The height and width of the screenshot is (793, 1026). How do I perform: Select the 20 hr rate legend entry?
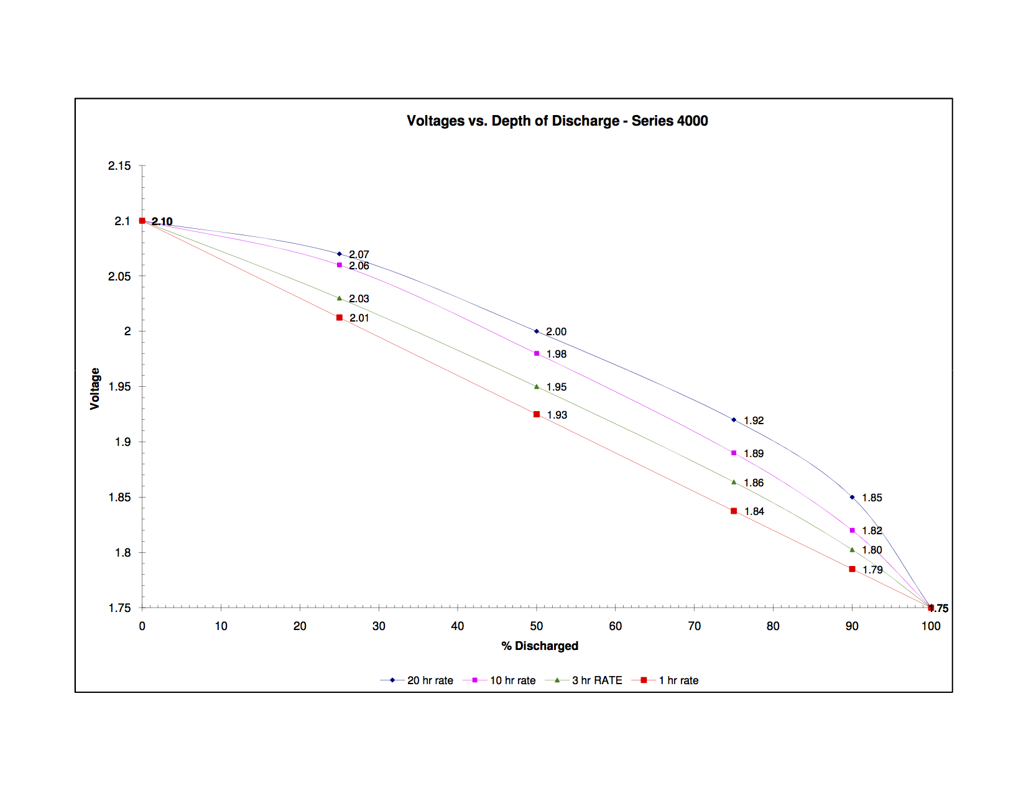[x=430, y=680]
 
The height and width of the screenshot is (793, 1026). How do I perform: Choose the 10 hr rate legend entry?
[x=512, y=680]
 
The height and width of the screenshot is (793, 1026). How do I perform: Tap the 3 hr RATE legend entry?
[x=596, y=680]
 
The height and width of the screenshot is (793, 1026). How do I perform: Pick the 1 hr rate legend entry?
[x=678, y=680]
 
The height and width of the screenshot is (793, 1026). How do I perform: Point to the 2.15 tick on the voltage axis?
[x=119, y=165]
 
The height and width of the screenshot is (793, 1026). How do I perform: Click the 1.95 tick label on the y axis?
[x=119, y=387]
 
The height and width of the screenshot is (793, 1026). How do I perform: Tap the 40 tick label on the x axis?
[x=458, y=626]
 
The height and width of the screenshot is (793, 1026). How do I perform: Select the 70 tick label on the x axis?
[x=694, y=626]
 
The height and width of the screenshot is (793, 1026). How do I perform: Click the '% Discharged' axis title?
[x=540, y=646]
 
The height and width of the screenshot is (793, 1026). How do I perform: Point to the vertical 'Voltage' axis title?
[x=95, y=389]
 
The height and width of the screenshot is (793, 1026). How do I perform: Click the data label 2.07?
[x=359, y=254]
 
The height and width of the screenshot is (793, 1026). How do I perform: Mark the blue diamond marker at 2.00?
[x=537, y=332]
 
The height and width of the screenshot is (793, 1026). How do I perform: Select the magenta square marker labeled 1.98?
[x=537, y=353]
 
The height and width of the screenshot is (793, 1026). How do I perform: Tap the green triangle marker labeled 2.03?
[x=340, y=299]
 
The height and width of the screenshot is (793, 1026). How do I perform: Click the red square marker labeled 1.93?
[x=537, y=414]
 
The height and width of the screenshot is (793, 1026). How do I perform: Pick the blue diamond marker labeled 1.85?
[x=852, y=497]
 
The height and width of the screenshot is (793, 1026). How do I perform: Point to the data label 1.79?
[x=872, y=570]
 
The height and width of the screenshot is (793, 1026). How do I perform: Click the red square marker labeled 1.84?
[x=734, y=511]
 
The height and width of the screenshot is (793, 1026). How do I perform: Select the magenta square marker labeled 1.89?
[x=734, y=453]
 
